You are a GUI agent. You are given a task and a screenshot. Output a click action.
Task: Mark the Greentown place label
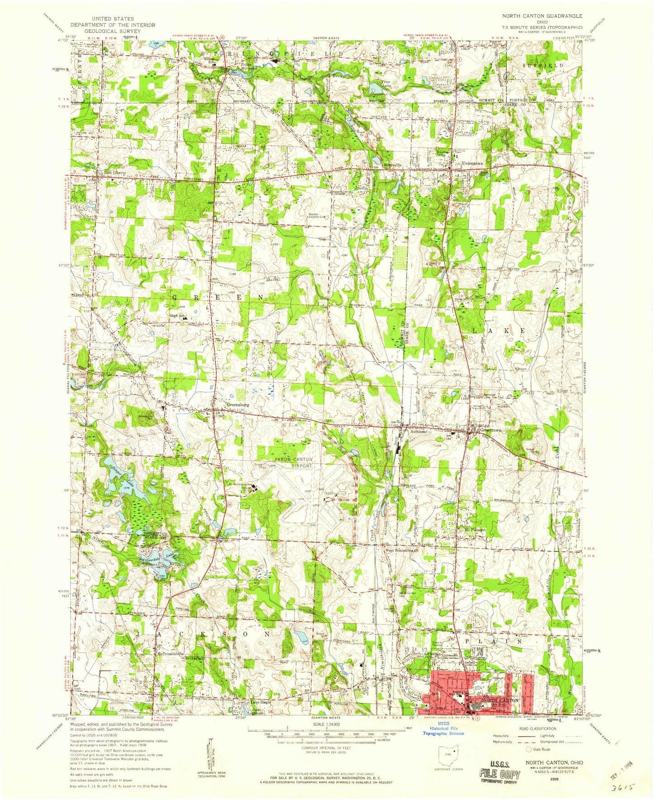point(490,430)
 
